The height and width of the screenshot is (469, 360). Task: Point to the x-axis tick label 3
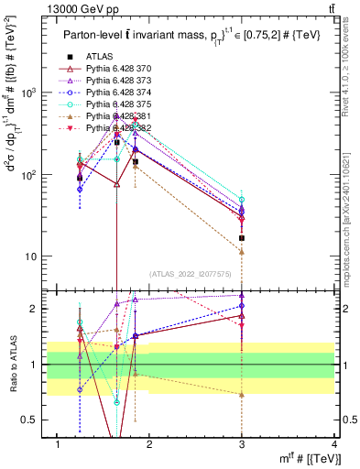242,444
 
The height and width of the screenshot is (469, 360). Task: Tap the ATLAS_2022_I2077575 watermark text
191,273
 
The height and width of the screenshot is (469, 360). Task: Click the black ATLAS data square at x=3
242,238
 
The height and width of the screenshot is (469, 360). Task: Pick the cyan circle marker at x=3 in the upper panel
242,200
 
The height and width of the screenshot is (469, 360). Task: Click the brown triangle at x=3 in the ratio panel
242,394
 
